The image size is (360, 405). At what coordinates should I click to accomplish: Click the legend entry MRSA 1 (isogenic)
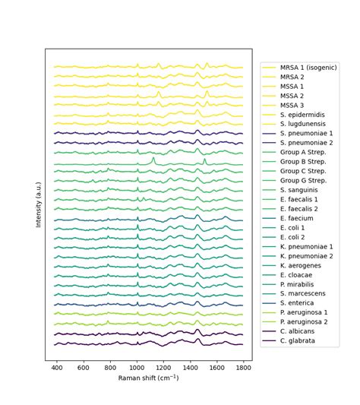308,68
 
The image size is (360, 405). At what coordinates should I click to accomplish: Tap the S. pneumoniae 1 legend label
308,133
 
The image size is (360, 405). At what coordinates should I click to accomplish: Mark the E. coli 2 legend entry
292,237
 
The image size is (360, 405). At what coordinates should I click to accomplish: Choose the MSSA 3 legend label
293,105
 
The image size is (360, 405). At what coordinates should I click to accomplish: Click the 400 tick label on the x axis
57,367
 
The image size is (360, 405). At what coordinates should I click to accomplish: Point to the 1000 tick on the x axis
137,367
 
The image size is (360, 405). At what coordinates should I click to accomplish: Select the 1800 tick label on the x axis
244,367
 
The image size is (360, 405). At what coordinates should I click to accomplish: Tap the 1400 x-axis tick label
191,367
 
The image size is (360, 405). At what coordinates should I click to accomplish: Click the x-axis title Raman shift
149,378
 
